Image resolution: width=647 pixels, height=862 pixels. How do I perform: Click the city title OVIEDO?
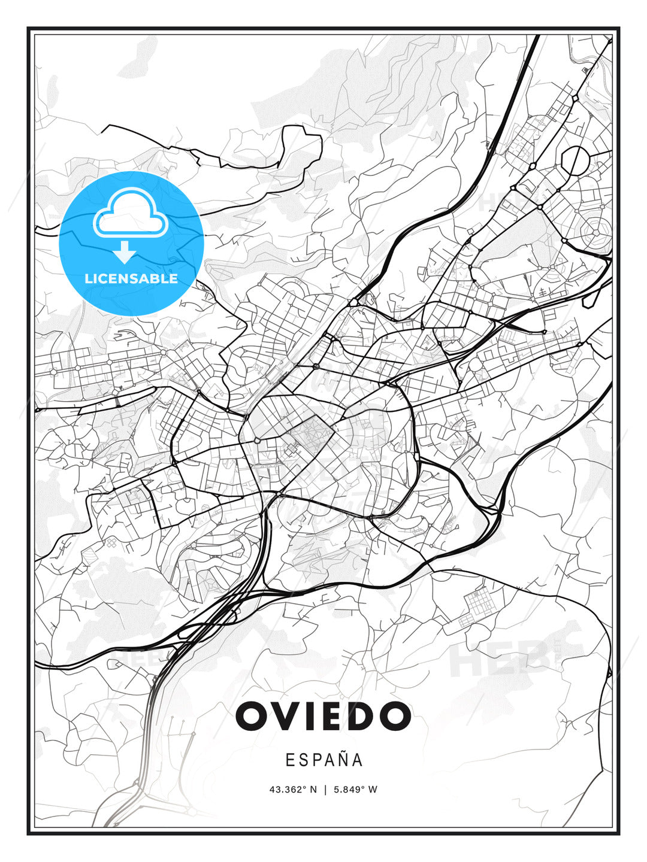click(323, 716)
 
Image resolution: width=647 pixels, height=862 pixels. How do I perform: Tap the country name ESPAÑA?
click(324, 760)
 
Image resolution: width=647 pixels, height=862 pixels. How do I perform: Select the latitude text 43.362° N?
click(293, 790)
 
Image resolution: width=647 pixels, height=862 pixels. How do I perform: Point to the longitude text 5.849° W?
click(355, 790)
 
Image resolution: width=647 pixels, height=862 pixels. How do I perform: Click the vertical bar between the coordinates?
click(325, 790)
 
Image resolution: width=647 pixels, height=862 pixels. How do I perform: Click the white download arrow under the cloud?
click(125, 252)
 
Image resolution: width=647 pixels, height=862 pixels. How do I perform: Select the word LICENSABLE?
click(131, 278)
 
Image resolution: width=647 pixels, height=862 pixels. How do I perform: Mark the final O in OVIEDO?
click(392, 716)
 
